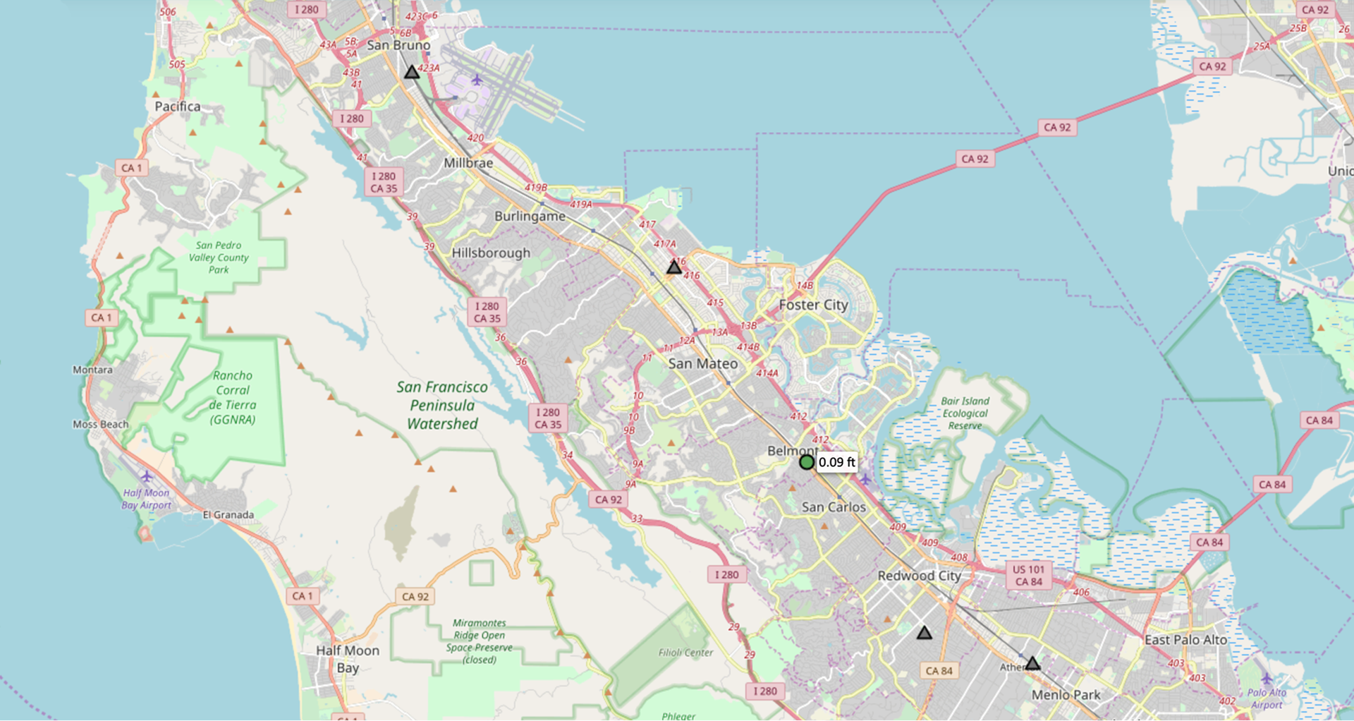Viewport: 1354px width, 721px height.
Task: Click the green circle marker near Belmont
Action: point(807,462)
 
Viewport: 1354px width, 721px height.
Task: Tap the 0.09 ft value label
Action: point(836,462)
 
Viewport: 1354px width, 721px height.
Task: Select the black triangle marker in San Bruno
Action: point(412,72)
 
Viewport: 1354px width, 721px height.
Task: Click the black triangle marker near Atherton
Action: point(1032,663)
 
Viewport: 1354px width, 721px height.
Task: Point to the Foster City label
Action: point(813,305)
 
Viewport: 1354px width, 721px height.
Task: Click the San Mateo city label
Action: point(702,363)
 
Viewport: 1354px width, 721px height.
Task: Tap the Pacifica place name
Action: point(177,107)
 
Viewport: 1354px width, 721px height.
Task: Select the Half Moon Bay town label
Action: point(347,659)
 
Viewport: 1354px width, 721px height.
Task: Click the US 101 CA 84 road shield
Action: point(1028,575)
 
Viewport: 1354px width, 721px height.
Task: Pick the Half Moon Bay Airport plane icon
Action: point(146,476)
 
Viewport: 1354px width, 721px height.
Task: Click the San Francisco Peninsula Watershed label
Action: point(442,405)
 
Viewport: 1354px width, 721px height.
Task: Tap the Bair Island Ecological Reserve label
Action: point(965,413)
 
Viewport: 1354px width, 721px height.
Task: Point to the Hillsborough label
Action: point(491,253)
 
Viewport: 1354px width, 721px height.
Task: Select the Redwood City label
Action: point(919,576)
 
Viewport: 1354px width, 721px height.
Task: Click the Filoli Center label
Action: point(685,653)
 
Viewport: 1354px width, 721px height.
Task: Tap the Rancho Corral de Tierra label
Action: point(233,397)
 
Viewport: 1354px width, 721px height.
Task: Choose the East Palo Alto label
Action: point(1185,640)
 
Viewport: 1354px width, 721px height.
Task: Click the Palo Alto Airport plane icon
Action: point(1267,679)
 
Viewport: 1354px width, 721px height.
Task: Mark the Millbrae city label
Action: point(468,163)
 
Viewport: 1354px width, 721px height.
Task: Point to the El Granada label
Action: point(228,515)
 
